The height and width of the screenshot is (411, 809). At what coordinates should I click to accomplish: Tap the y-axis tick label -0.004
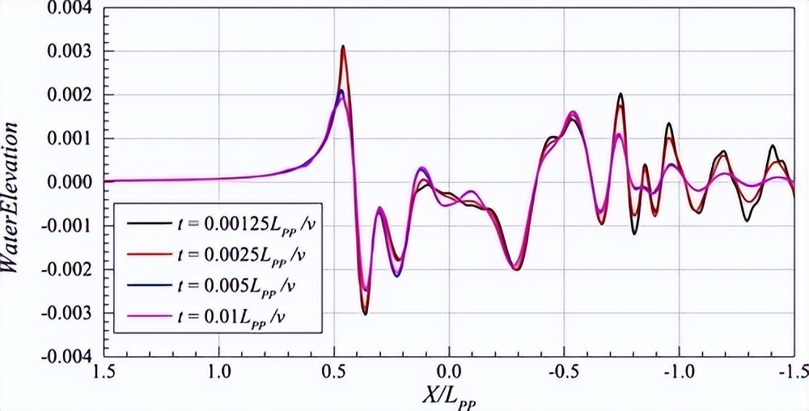[65, 356]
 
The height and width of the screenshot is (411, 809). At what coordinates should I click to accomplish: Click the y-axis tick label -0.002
[65, 269]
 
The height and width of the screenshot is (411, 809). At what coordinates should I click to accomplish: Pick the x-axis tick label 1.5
[104, 372]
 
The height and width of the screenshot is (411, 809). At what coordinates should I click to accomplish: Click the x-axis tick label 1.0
[219, 372]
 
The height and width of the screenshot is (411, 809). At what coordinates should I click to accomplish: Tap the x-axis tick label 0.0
[448, 372]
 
